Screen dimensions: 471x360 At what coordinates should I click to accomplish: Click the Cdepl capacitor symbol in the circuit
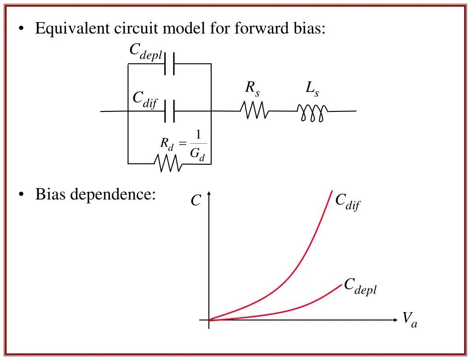(169, 64)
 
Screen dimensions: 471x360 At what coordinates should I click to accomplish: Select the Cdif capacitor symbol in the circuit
(169, 111)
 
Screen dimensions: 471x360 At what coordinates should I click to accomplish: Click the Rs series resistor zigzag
(254, 110)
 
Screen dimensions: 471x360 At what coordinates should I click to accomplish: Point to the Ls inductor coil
(313, 112)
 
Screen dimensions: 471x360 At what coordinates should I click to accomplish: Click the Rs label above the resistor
(252, 88)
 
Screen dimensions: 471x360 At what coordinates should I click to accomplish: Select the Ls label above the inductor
(312, 88)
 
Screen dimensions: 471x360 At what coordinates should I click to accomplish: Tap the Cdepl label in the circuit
(145, 52)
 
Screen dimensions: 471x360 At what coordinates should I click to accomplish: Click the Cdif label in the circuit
(145, 99)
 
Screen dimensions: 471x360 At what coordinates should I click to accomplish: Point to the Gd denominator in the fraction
(197, 155)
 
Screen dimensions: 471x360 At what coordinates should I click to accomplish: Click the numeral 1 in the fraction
(198, 135)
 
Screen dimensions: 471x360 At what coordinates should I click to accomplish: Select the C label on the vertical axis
(196, 200)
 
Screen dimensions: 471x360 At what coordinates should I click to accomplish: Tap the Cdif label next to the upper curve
(347, 202)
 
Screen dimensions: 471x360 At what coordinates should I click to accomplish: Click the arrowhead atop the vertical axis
(209, 194)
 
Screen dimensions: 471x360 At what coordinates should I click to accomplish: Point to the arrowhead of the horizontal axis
(396, 319)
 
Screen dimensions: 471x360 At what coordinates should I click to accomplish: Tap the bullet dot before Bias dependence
(22, 195)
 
